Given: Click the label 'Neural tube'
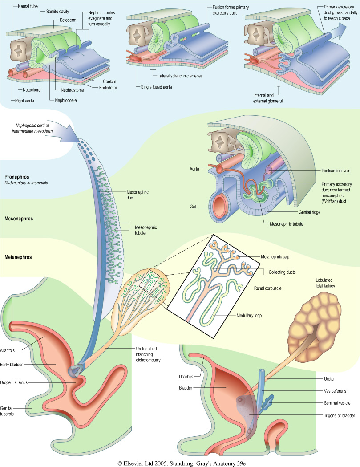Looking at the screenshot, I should click(29, 7).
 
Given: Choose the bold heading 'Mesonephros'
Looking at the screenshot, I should click(19, 219).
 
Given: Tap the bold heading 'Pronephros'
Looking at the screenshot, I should click(17, 177).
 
